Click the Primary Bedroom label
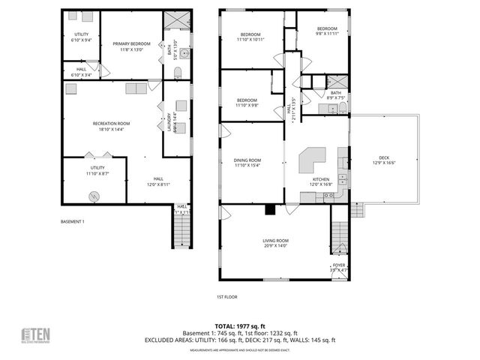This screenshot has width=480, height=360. click(132, 46)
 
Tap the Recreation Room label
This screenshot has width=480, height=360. click(111, 126)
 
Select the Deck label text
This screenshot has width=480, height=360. click(384, 160)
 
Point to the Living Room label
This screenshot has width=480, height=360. click(275, 243)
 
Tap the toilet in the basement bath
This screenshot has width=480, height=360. click(178, 73)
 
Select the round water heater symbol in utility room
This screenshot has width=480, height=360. click(94, 196)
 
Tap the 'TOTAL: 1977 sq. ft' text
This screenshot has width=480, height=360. click(240, 326)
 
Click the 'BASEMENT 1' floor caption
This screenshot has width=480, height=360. click(73, 222)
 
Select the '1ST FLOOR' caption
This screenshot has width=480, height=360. click(227, 297)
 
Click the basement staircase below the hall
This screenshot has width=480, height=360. click(181, 232)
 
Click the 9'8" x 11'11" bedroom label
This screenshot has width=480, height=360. click(327, 31)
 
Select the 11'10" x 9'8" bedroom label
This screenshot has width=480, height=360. click(247, 103)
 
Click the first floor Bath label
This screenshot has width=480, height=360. click(335, 94)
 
